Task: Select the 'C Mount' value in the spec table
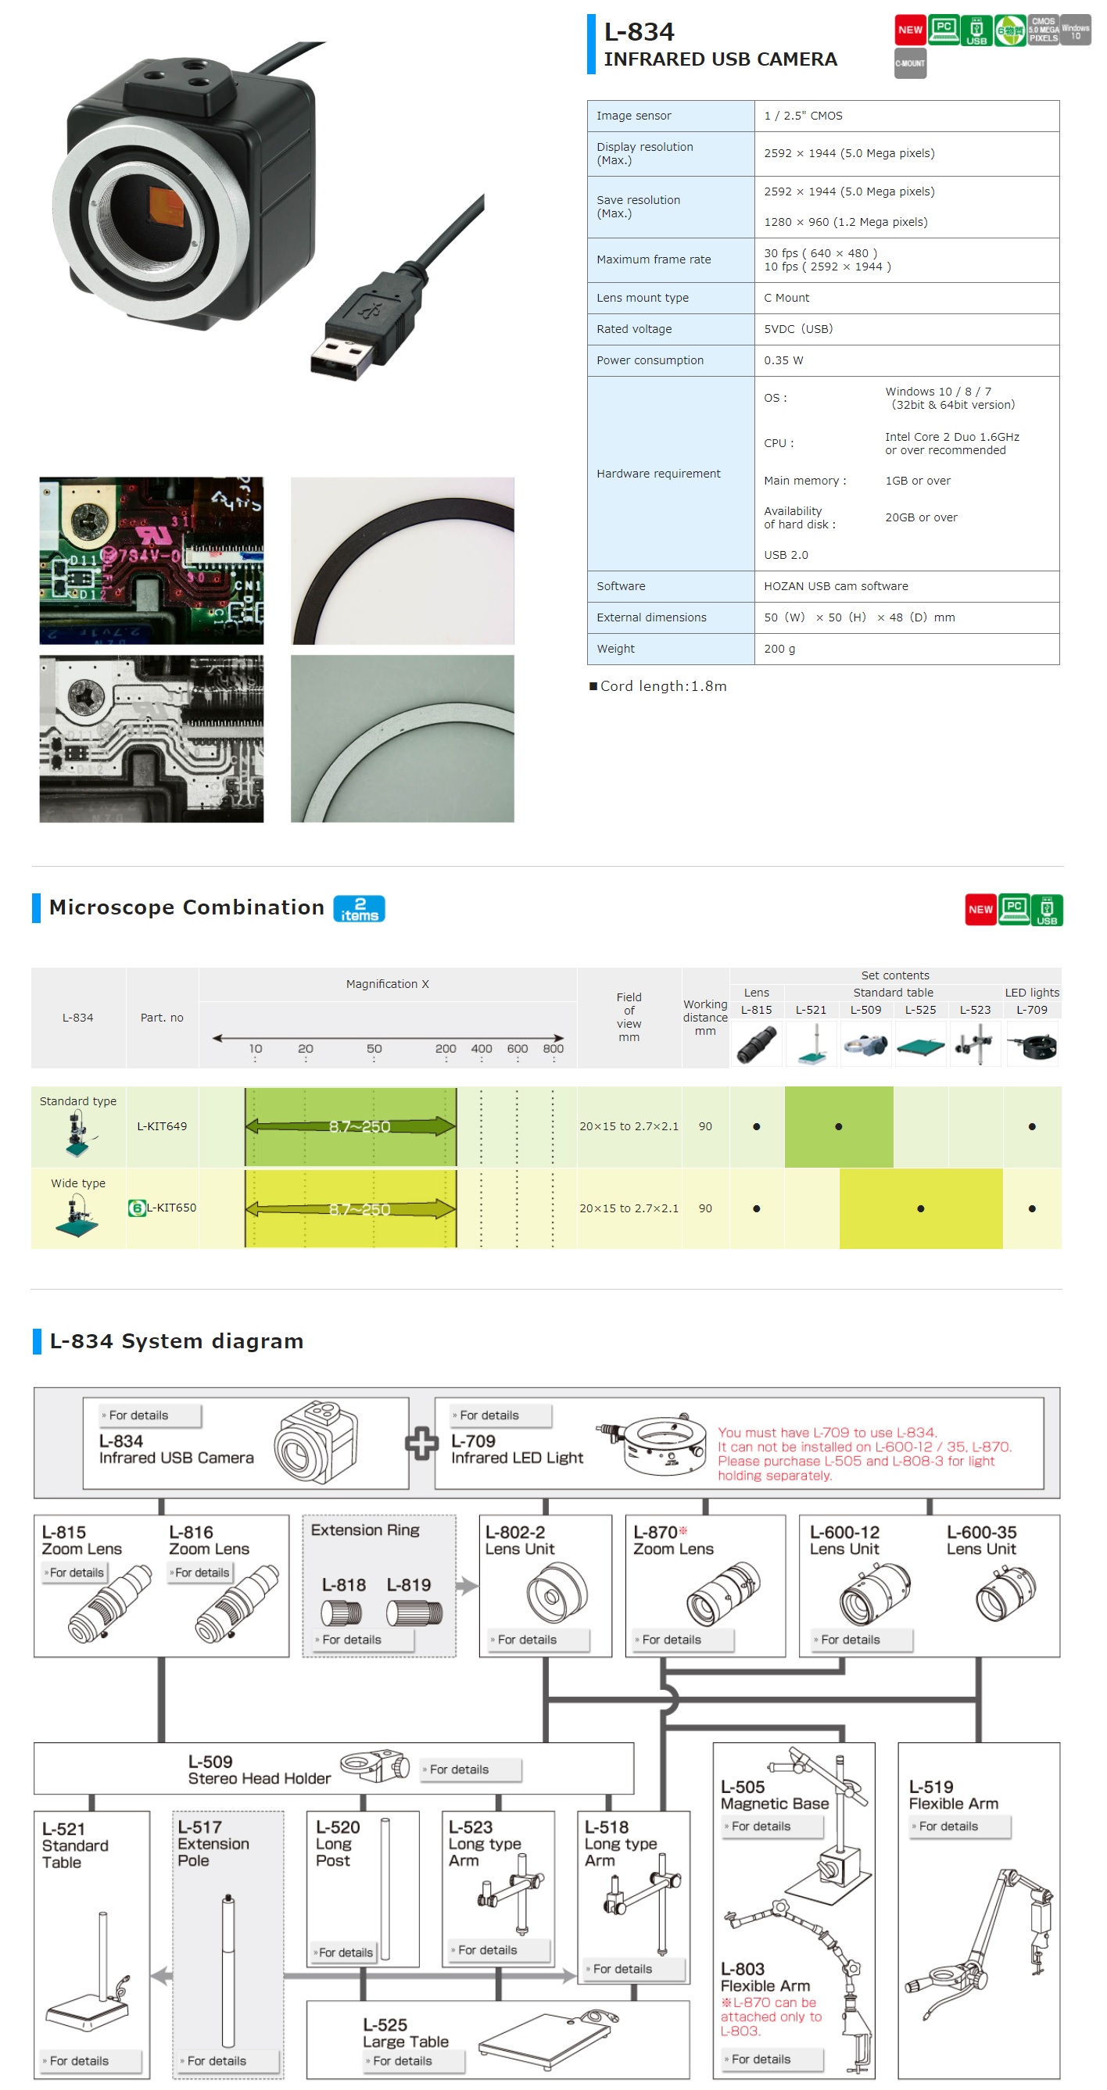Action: tap(786, 298)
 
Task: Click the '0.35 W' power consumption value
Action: tap(783, 360)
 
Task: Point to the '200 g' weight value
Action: tap(779, 648)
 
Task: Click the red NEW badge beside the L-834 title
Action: tap(909, 30)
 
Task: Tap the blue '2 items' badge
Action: tap(359, 909)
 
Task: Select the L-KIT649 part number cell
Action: tap(162, 1126)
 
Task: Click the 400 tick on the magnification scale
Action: tap(482, 1048)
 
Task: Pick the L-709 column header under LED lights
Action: tap(1030, 1010)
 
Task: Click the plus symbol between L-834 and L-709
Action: tap(421, 1444)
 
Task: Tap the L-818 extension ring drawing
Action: tap(342, 1613)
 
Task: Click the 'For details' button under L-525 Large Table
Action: tap(413, 2061)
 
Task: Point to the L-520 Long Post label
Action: tap(337, 1843)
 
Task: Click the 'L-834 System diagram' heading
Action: tap(176, 1341)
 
